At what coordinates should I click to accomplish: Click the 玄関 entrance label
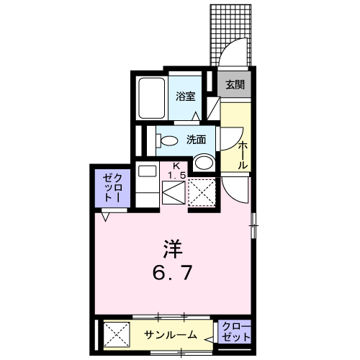(x=235, y=85)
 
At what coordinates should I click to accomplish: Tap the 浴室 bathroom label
(x=185, y=96)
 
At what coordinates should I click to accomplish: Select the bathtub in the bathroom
(x=152, y=98)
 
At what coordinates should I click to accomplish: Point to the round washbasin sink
(x=204, y=162)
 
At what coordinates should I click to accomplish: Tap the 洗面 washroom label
(x=197, y=140)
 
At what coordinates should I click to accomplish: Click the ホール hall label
(x=243, y=156)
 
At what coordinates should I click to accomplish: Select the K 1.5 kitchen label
(x=176, y=171)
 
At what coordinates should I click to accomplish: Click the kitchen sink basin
(x=147, y=171)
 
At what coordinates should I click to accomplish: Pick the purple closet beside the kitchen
(x=112, y=188)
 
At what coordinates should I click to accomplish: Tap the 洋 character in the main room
(x=173, y=249)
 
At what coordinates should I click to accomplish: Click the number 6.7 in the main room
(x=172, y=274)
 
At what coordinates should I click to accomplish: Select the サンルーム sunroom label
(x=171, y=335)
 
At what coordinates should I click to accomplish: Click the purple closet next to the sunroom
(x=235, y=331)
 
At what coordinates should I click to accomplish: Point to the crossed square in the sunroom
(x=117, y=334)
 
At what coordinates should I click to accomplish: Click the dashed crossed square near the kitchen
(x=202, y=192)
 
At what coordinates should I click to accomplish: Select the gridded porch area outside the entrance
(x=230, y=35)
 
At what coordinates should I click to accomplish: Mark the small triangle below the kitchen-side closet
(x=105, y=217)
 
